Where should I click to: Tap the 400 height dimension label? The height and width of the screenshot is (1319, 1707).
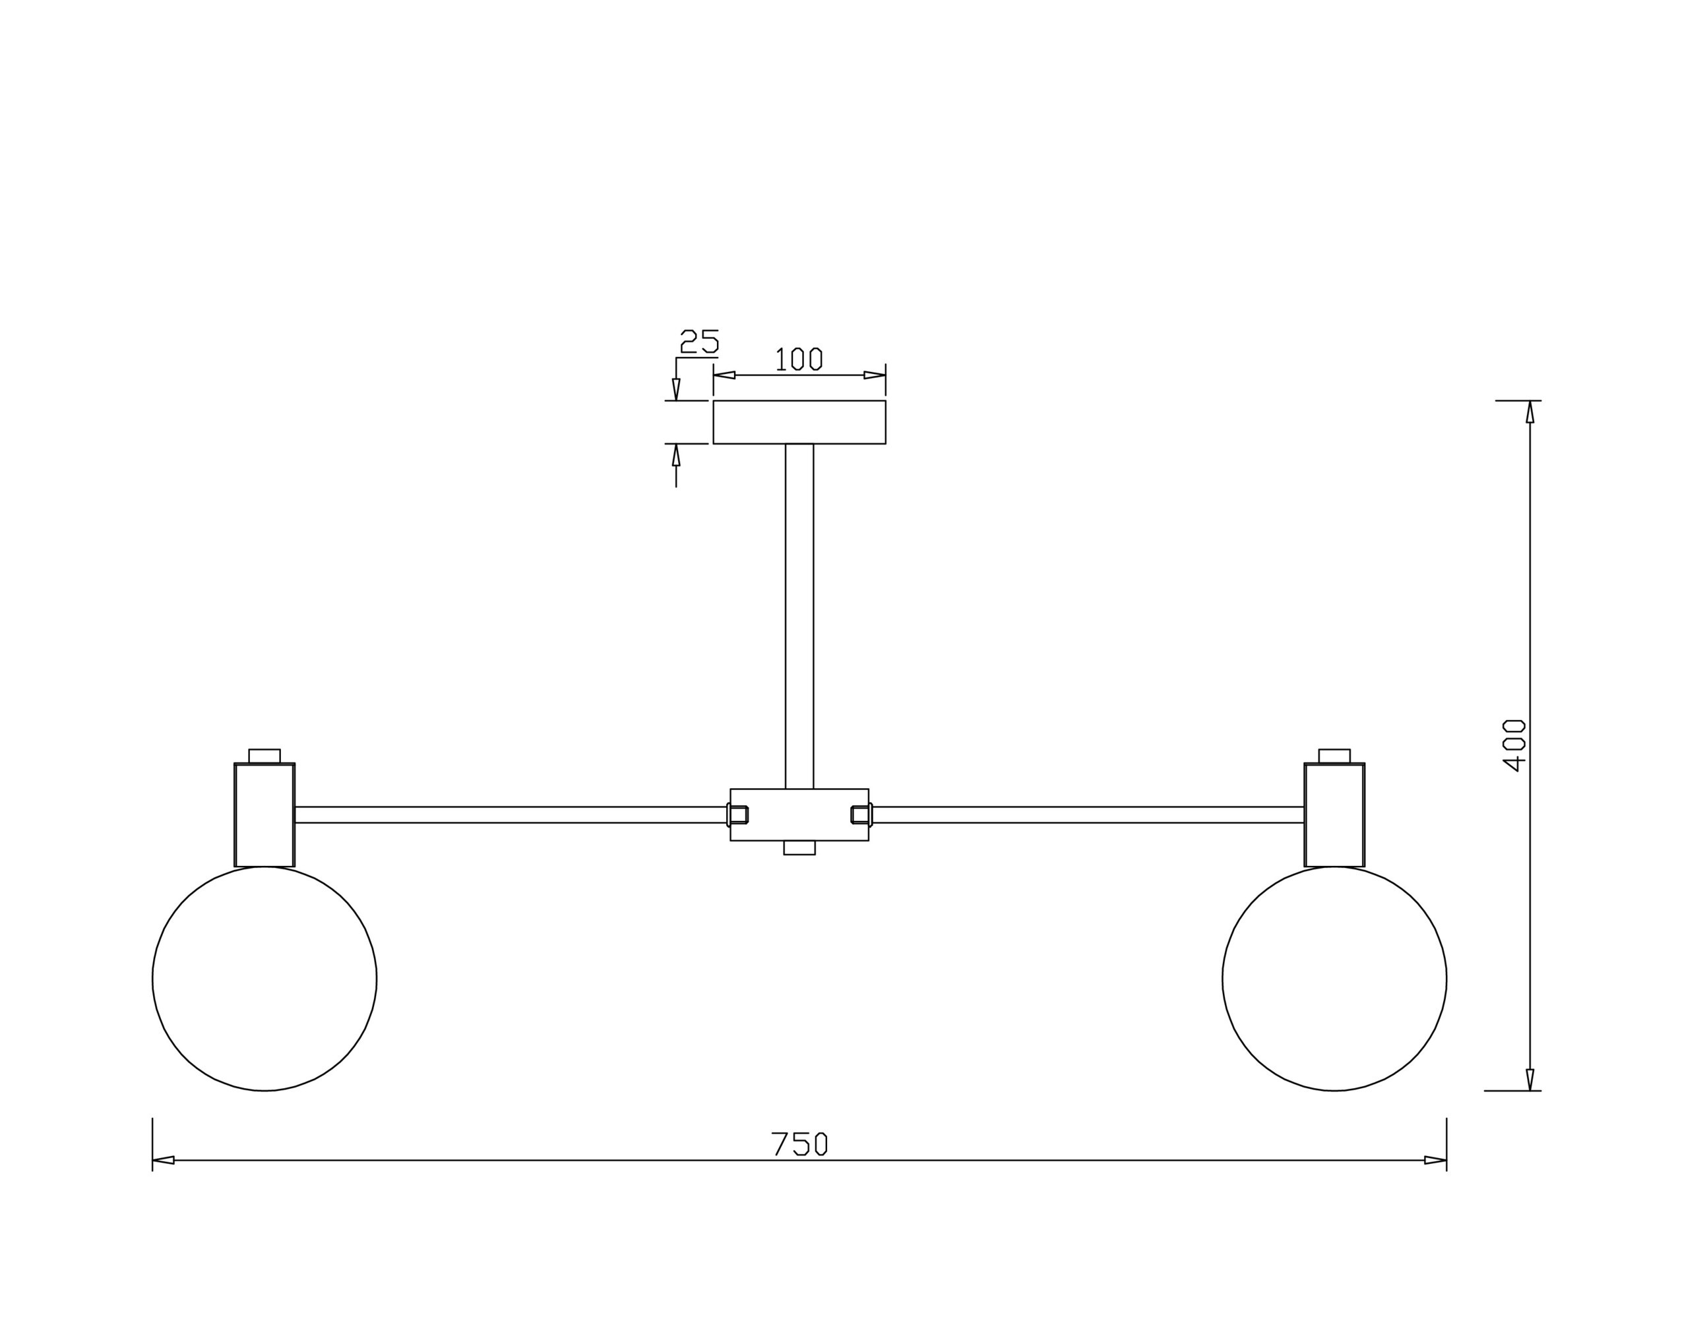[1514, 745]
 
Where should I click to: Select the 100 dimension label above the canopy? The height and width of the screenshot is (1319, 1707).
[799, 359]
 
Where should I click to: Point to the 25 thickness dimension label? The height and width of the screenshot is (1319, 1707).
[700, 342]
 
